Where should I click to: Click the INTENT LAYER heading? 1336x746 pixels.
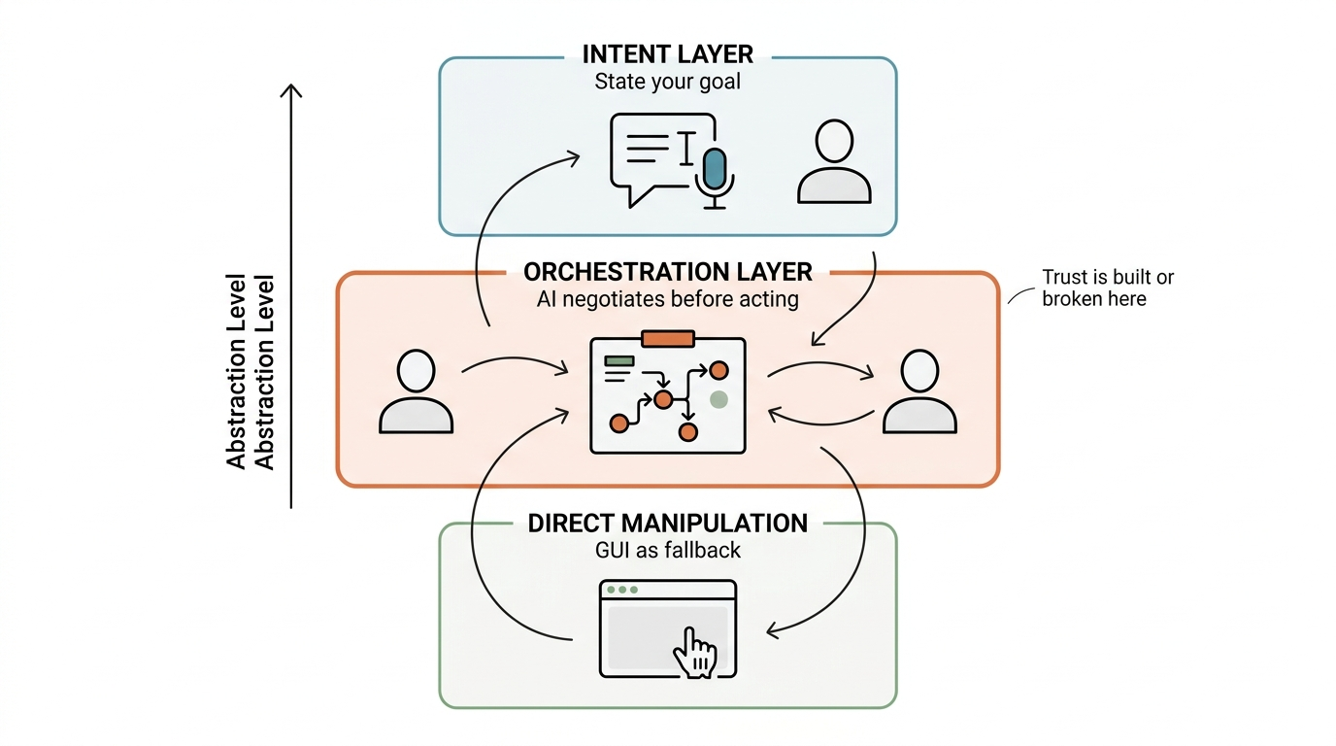pos(667,54)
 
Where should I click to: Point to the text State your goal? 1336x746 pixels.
pos(667,82)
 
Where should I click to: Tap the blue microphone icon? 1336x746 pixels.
pos(715,178)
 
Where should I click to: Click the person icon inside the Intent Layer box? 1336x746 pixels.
pos(834,162)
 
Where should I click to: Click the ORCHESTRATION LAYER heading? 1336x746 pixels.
pos(667,272)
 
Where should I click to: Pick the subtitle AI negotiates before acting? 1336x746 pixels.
pos(667,299)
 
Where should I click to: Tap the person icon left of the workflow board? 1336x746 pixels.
pos(416,391)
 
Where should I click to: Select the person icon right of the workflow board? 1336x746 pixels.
pos(919,391)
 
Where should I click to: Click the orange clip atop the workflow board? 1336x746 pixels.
pos(668,339)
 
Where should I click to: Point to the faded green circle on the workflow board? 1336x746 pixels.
pos(718,399)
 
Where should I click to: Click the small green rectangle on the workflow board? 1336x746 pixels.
pos(619,361)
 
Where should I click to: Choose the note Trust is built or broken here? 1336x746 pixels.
pos(1108,288)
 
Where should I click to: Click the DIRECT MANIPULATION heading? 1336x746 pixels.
pos(667,524)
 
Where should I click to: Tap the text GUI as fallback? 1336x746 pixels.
pos(667,550)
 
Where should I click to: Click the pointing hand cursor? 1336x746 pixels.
pos(695,653)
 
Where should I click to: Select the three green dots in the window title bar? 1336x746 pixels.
pos(622,590)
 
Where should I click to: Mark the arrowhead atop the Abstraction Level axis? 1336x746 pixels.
pos(291,90)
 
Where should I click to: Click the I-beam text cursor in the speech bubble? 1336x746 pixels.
pos(687,148)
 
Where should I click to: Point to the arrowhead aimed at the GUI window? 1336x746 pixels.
pos(773,630)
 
